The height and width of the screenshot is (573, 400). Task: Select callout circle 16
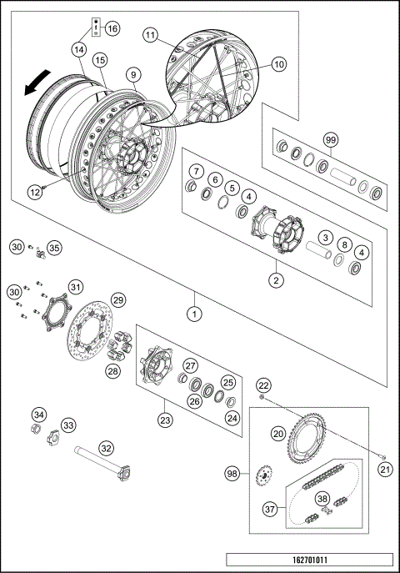point(112,28)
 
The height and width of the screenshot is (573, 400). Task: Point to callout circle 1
point(194,314)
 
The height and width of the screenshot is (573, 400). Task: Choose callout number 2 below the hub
point(274,280)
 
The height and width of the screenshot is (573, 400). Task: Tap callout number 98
point(232,474)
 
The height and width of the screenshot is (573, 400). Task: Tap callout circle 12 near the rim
point(34,191)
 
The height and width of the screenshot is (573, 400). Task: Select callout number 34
point(38,415)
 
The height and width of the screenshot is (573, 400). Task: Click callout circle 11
point(150,35)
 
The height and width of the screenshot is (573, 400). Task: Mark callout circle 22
point(262,385)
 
